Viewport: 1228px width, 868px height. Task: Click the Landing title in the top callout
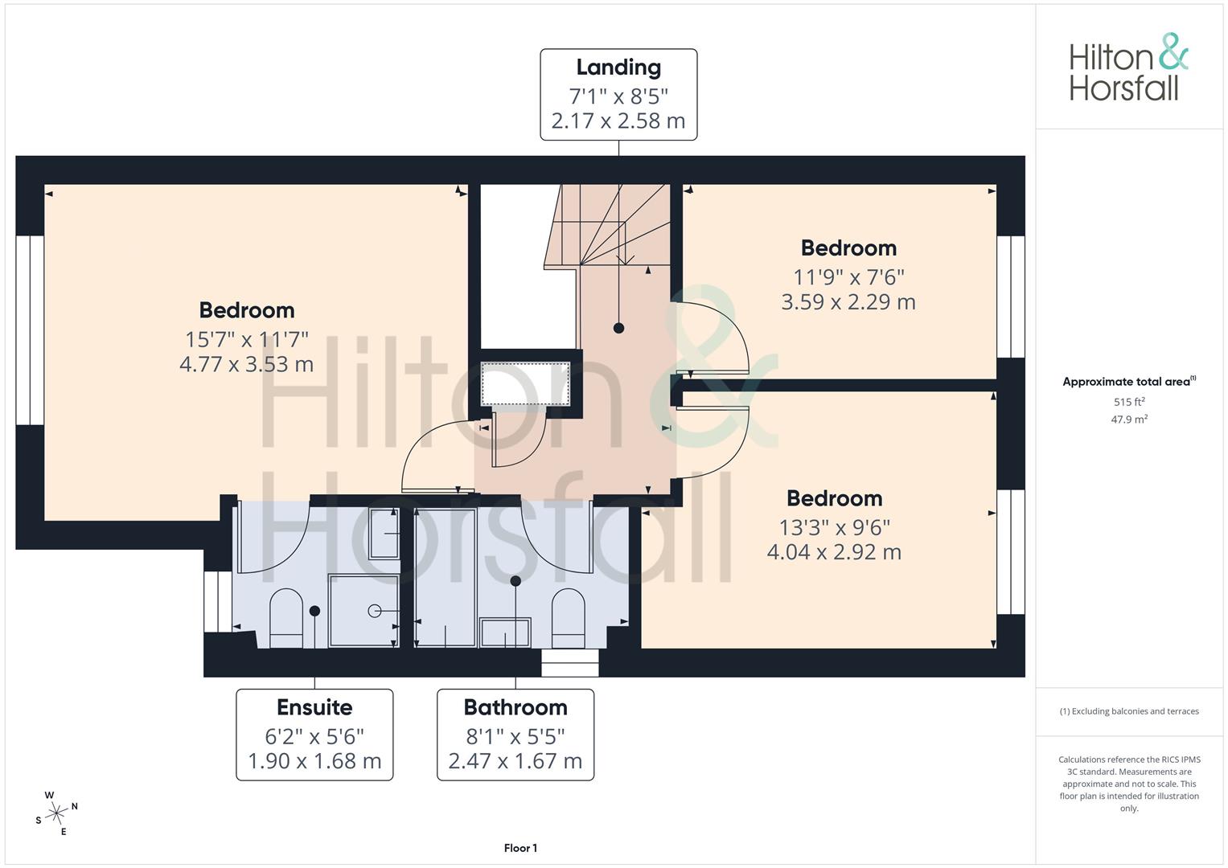618,68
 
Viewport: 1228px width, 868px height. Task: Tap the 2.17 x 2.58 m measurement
618,121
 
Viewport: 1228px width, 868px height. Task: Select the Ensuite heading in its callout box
314,707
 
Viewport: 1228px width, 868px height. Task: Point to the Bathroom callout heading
515,707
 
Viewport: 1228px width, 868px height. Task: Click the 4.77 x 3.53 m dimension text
247,364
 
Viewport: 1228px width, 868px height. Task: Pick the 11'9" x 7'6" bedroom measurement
848,277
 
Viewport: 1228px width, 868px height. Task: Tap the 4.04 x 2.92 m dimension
835,552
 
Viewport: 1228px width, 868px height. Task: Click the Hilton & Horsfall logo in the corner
1129,67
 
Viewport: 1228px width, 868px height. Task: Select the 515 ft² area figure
1129,402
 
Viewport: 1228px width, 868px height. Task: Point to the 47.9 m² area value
1129,420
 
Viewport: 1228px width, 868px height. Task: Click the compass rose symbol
56,813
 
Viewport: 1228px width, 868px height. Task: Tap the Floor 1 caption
521,848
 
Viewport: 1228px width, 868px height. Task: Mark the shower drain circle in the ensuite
375,611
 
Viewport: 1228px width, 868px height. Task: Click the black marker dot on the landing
619,328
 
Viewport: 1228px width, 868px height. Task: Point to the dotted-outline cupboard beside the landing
525,383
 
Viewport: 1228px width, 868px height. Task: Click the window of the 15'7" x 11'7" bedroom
30,330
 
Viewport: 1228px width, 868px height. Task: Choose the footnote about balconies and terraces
1129,711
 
